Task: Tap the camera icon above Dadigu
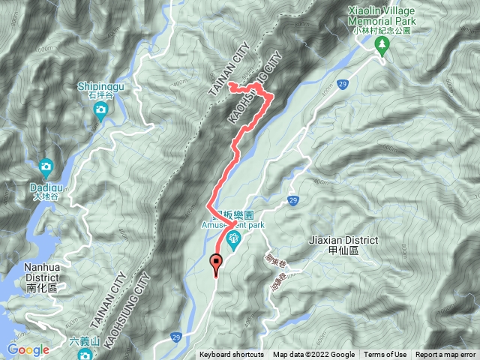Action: [46, 166]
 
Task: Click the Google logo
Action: [28, 349]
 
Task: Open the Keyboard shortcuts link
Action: [232, 355]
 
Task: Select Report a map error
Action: [446, 355]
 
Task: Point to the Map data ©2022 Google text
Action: [313, 355]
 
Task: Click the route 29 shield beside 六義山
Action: [174, 337]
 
